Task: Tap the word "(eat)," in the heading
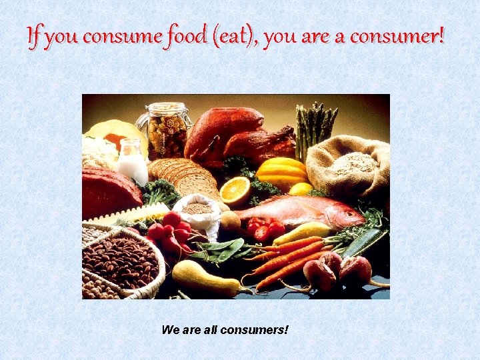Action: tap(234, 37)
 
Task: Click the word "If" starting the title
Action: tap(34, 37)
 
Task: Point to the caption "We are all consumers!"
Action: tap(225, 329)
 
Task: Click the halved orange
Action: tap(235, 191)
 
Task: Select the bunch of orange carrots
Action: tap(287, 259)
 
